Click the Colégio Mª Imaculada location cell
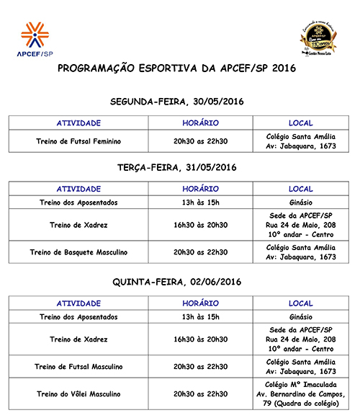pyautogui.click(x=300, y=394)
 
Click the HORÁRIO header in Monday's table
pyautogui.click(x=201, y=123)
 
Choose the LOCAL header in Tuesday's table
pyautogui.click(x=300, y=189)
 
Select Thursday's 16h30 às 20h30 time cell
pyautogui.click(x=201, y=339)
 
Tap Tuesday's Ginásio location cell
pyautogui.click(x=300, y=203)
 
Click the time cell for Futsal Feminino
pyautogui.click(x=201, y=141)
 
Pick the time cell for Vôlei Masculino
pyautogui.click(x=201, y=394)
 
